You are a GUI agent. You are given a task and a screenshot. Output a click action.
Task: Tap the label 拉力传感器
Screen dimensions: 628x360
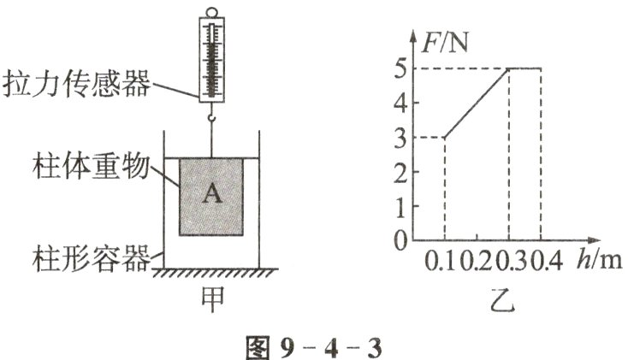77,84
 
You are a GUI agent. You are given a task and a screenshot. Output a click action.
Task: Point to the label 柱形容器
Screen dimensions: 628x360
91,257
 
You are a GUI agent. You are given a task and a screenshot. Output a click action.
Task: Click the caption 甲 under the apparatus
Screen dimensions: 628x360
212,299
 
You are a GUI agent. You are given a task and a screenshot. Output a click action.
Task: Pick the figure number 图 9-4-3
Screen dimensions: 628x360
313,347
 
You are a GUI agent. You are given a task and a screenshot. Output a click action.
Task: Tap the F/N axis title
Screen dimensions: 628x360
446,44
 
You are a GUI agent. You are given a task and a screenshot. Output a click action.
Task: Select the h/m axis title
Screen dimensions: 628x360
600,261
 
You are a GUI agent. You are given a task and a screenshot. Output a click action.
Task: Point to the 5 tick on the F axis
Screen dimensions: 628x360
400,68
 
